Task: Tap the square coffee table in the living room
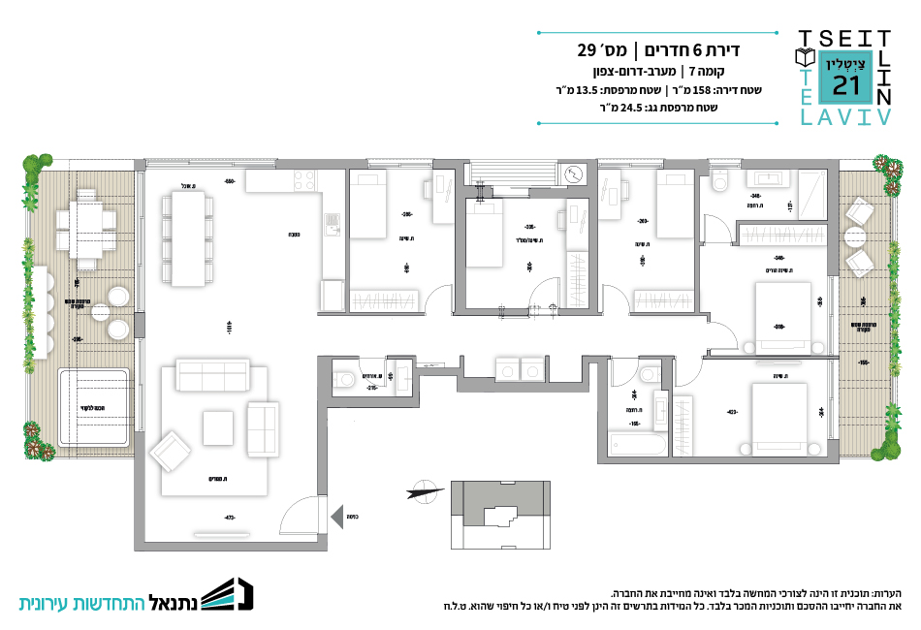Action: (217, 427)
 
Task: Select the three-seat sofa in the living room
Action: (211, 374)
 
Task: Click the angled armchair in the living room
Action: (170, 451)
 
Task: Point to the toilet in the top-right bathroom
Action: (717, 181)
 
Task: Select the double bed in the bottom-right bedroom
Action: (779, 419)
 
